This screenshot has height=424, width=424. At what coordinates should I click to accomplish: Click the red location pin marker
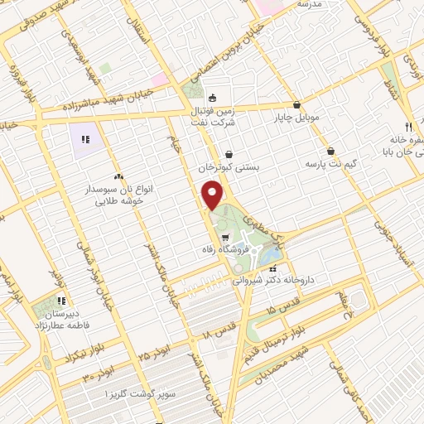[x=214, y=195]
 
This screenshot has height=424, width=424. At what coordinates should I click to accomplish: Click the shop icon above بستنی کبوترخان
[x=229, y=153]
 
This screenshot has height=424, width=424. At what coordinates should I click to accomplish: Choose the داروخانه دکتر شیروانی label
[x=285, y=280]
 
